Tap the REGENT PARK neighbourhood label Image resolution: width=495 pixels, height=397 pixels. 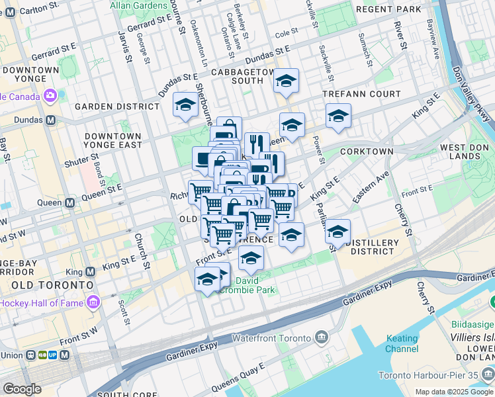388,10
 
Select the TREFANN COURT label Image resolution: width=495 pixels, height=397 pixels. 361,95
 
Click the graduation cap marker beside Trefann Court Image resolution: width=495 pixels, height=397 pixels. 338,116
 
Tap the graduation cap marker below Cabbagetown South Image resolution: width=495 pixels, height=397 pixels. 286,81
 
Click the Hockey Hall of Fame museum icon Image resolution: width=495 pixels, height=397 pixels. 93,302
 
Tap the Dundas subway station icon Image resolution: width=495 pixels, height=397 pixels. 51,121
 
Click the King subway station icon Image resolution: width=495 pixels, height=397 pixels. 91,271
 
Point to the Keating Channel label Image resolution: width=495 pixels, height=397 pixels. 402,343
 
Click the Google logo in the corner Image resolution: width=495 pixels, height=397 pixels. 22,389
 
